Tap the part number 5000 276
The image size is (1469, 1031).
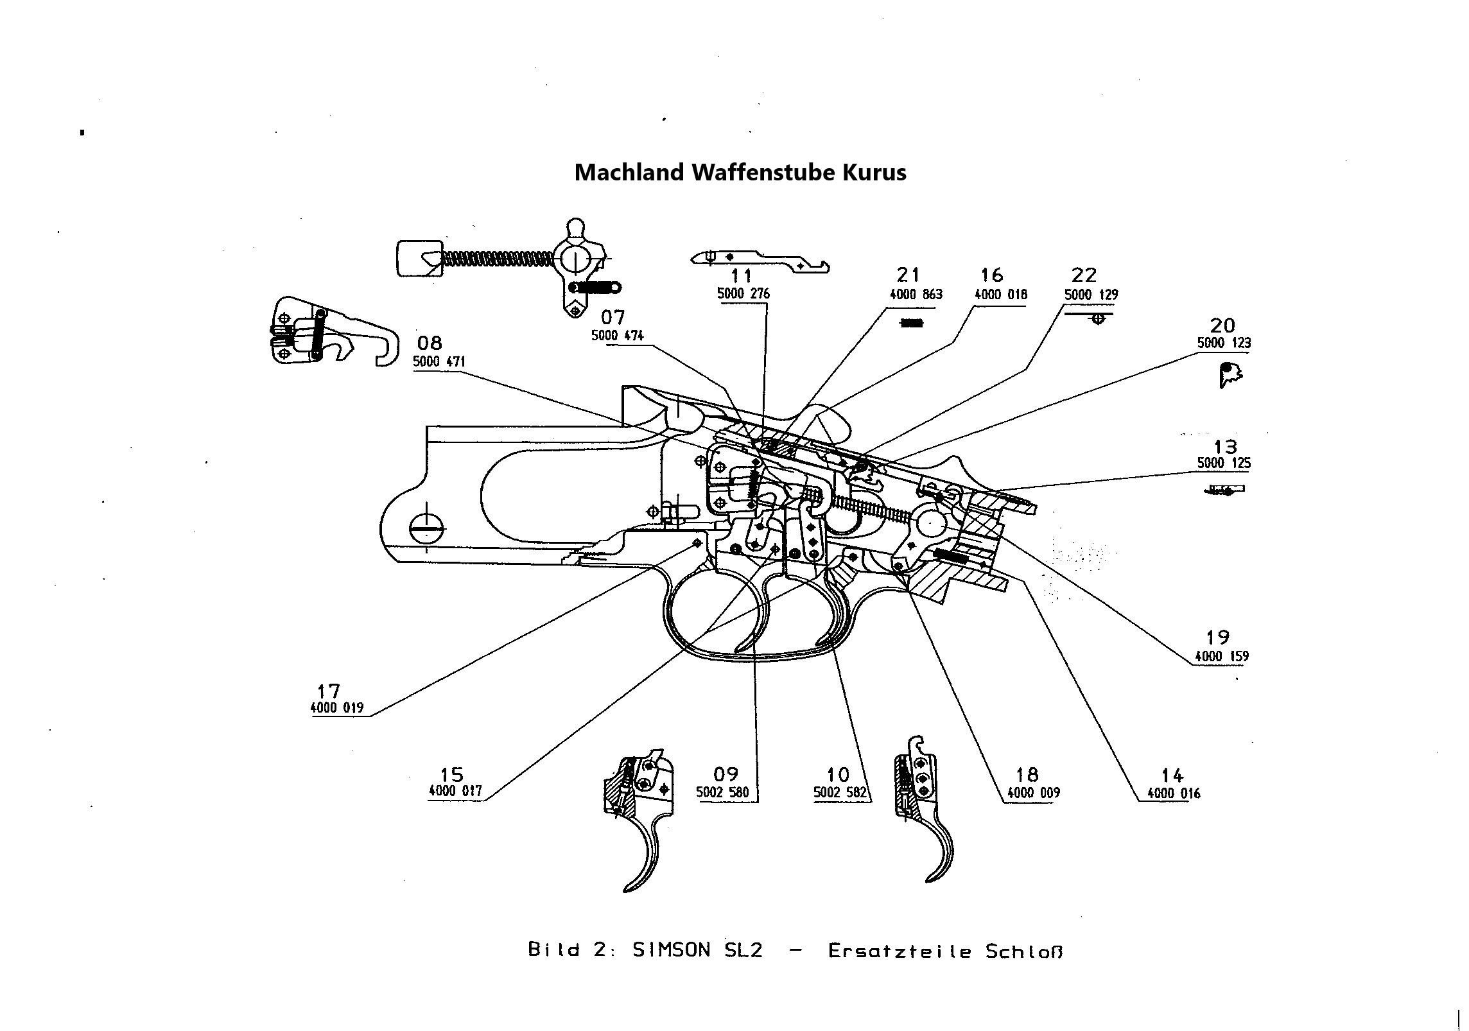(743, 294)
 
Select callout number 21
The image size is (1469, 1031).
(908, 275)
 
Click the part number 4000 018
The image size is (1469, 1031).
(1000, 295)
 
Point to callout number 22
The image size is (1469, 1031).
(1084, 275)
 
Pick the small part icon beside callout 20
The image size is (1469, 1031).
(1230, 375)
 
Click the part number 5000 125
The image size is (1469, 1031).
(1224, 463)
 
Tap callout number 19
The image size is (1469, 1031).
(1217, 637)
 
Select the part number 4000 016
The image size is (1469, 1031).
(1173, 793)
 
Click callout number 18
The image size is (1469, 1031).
(1027, 774)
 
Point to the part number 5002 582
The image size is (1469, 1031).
(840, 793)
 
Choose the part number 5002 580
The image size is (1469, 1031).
(722, 793)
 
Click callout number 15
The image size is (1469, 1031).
(451, 774)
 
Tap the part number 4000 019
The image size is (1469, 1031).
(336, 708)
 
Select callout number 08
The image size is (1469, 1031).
(430, 343)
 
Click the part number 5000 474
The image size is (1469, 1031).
(617, 335)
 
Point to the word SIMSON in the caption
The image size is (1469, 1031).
(671, 950)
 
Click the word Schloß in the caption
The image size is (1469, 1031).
(1023, 951)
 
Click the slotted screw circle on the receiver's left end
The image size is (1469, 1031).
(426, 529)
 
